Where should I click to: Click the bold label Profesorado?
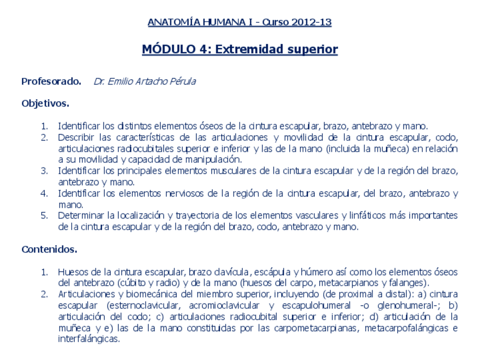52,82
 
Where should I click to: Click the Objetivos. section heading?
45,104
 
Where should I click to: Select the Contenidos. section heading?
49,249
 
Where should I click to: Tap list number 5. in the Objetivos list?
44,216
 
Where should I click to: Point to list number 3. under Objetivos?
44,171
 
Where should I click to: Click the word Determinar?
80,216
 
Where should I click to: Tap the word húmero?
324,272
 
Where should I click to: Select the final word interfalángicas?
89,339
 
